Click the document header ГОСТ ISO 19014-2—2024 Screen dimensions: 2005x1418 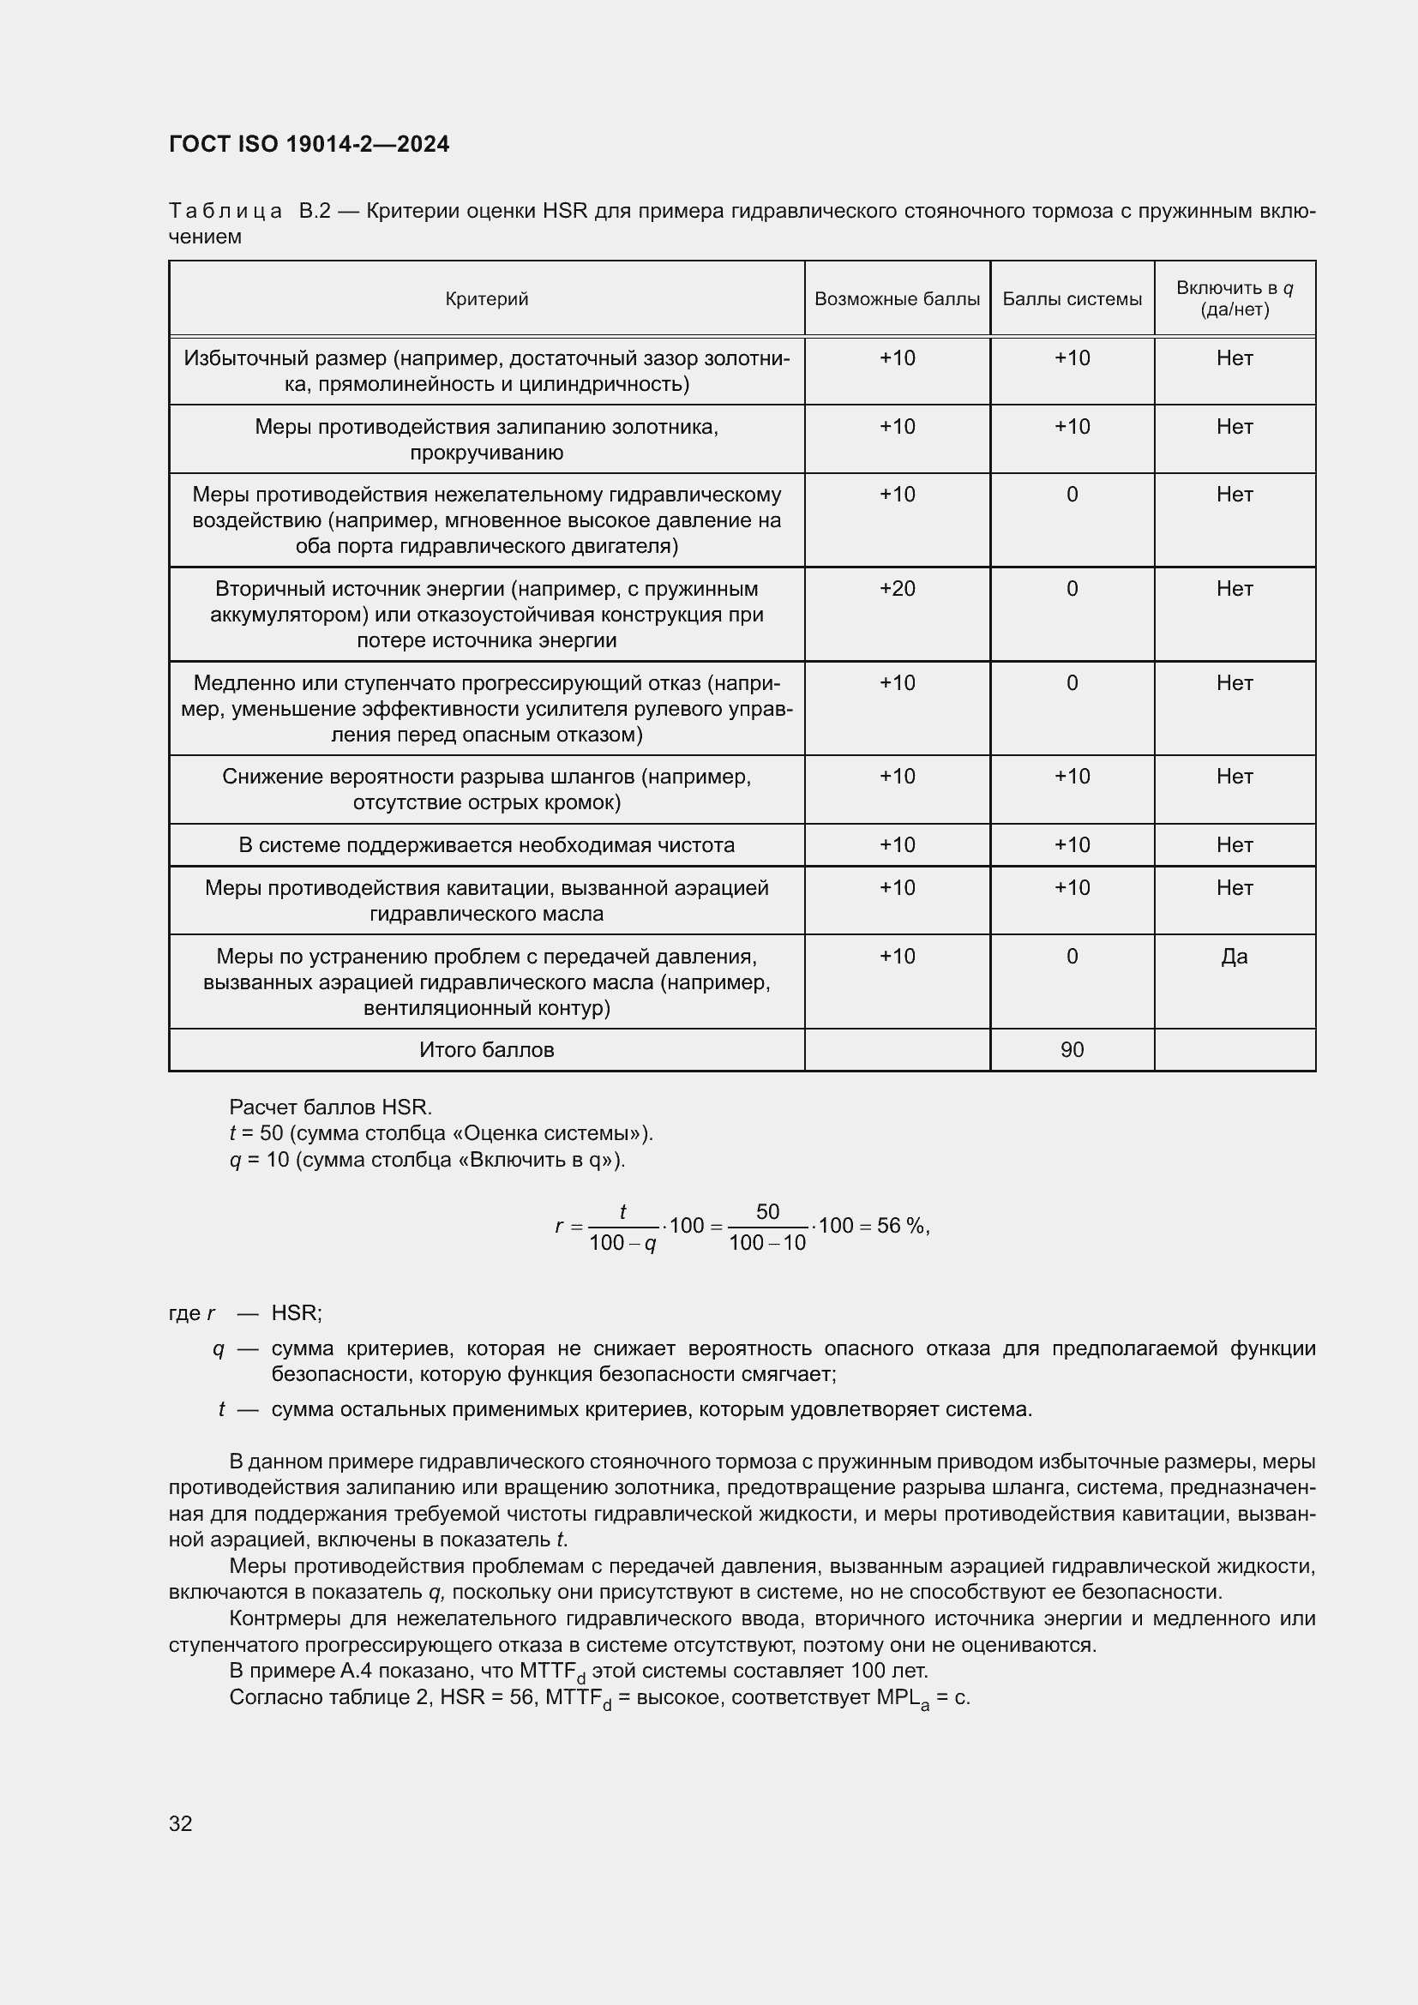point(309,144)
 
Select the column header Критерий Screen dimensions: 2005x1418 point(486,299)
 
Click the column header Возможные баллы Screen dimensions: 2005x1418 point(897,299)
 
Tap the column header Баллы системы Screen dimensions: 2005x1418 point(1072,299)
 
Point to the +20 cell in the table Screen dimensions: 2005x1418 point(897,590)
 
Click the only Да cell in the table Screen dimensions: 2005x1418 point(1234,957)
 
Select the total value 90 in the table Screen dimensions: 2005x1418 point(1072,1050)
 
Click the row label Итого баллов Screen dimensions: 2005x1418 point(486,1050)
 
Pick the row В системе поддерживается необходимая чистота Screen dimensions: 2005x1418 point(486,845)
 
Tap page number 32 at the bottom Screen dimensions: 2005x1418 point(181,1823)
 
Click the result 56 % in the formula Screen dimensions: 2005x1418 point(901,1226)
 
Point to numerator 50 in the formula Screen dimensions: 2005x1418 point(767,1211)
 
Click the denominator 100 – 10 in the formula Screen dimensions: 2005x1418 point(767,1243)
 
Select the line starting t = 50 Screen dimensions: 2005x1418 point(441,1133)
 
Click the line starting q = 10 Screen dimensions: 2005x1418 point(427,1160)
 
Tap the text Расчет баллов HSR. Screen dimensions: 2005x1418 point(330,1108)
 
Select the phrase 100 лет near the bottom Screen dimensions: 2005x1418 point(888,1672)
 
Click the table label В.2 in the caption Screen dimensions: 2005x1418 point(315,212)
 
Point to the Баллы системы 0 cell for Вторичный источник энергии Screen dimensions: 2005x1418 point(1072,590)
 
